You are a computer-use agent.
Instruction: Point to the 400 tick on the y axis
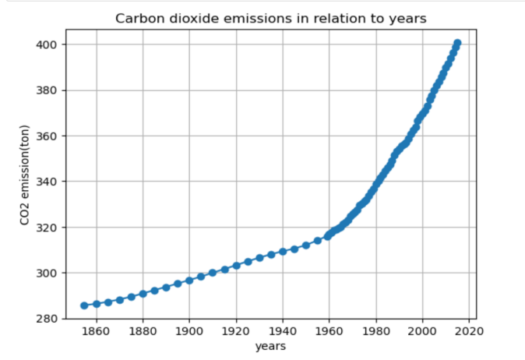tap(46, 44)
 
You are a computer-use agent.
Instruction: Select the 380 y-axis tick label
tap(46, 90)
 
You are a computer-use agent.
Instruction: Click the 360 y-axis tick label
tap(46, 136)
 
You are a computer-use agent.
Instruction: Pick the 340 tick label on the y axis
tap(46, 182)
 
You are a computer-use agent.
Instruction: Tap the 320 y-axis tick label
tap(46, 228)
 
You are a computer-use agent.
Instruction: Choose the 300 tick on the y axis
tap(46, 274)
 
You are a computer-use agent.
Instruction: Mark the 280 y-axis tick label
tap(46, 319)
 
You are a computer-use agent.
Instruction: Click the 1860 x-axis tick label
tap(96, 331)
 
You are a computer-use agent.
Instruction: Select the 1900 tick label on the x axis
tap(189, 331)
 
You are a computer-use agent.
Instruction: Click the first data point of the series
tap(84, 305)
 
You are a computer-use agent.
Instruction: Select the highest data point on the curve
tap(457, 44)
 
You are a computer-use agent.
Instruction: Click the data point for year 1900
tap(189, 281)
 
